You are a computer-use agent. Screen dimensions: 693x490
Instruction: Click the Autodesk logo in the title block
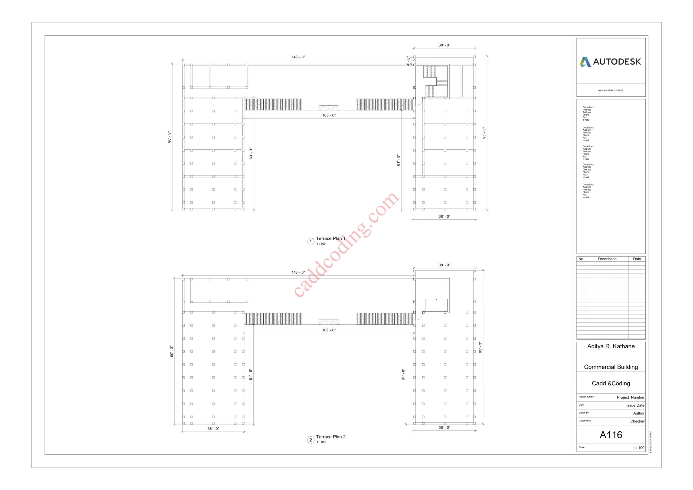[611, 62]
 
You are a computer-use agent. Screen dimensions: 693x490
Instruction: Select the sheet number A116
[611, 435]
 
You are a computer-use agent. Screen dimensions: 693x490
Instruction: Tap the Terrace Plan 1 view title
[331, 238]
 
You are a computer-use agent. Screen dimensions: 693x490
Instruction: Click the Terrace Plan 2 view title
[331, 437]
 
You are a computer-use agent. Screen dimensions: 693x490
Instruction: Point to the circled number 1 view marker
[310, 241]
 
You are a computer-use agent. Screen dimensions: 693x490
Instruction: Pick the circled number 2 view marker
[310, 440]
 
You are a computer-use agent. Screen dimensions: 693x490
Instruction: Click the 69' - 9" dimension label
[251, 154]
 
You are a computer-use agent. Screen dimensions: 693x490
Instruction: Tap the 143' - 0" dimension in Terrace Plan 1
[298, 57]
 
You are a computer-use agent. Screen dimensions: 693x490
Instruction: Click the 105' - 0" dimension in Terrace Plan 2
[329, 330]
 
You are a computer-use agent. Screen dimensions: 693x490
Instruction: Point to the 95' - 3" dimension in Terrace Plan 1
[484, 133]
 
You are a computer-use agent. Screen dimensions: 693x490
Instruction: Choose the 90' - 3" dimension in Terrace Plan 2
[172, 351]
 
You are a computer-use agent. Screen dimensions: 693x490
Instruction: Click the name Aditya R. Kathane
[611, 346]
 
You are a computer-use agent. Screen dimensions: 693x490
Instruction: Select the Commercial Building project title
[611, 367]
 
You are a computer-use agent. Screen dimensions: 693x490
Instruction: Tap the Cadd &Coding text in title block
[611, 383]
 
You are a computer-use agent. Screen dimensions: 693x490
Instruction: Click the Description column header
[607, 259]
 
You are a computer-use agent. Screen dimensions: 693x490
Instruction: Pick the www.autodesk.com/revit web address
[611, 90]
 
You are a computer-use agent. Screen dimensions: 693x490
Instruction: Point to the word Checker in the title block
[637, 421]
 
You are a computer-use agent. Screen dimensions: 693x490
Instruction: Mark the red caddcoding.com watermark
[347, 244]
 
